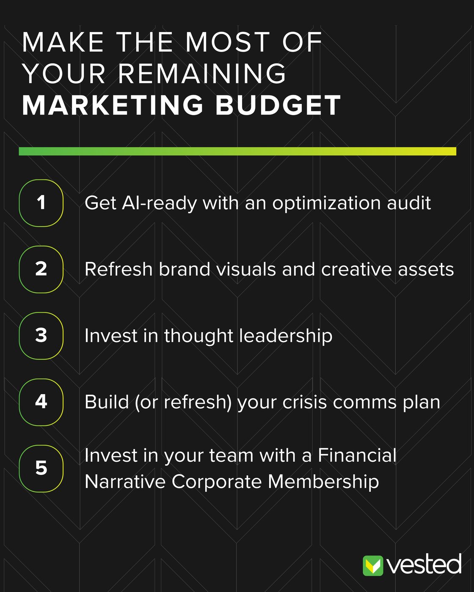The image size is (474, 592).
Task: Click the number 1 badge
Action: tap(41, 203)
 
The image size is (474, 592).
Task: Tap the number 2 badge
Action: tap(41, 269)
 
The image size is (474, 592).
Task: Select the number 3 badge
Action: tap(41, 336)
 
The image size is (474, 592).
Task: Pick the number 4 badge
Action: tap(41, 402)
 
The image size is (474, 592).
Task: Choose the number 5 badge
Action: tap(41, 468)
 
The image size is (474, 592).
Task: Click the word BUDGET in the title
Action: tap(278, 105)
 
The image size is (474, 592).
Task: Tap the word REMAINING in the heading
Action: tap(202, 74)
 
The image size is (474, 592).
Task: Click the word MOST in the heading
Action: tap(228, 42)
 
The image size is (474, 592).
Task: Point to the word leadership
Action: tap(286, 336)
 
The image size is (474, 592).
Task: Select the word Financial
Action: tap(357, 455)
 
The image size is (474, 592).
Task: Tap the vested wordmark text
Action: tap(424, 565)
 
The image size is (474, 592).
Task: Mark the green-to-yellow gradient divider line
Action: tap(237, 151)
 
